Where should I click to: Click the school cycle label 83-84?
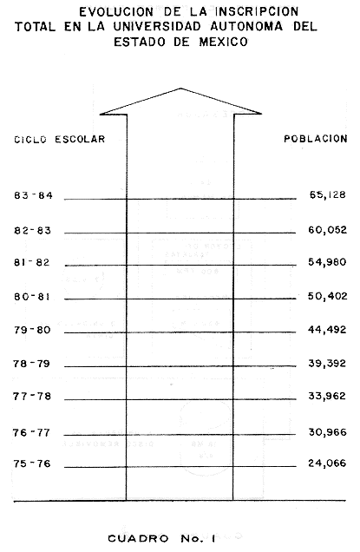[x=34, y=195]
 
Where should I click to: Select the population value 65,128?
[x=328, y=194]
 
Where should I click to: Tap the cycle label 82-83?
[x=33, y=231]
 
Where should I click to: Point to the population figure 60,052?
[x=328, y=230]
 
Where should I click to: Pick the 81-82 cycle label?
[x=32, y=263]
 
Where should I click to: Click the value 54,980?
[x=327, y=262]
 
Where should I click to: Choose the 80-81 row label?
[x=32, y=297]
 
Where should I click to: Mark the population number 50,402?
[x=328, y=296]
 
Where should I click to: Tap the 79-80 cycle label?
[x=32, y=330]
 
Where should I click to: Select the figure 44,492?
[x=327, y=330]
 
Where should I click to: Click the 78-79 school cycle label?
[x=32, y=364]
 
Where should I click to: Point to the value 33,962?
[x=327, y=396]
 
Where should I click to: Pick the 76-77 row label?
[x=32, y=432]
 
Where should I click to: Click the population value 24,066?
[x=327, y=463]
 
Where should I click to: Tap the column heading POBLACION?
[x=316, y=139]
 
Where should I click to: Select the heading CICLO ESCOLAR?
[x=60, y=140]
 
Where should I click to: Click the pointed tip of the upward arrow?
[x=181, y=88]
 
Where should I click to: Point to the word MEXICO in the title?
[x=224, y=42]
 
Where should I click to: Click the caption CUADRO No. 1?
[x=161, y=539]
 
